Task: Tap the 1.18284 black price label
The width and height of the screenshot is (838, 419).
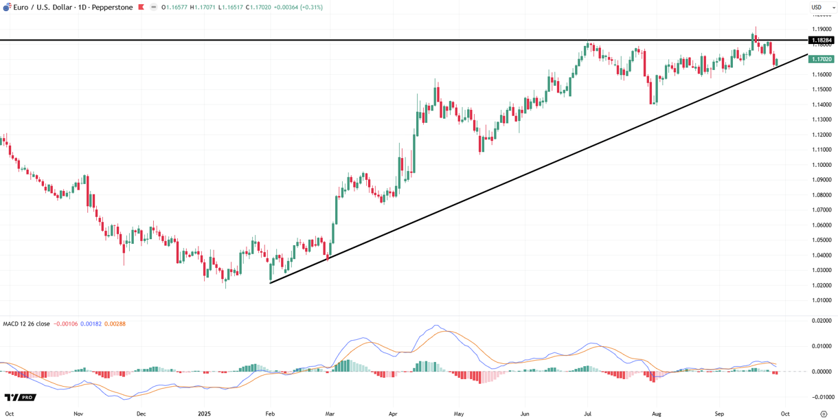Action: (822, 41)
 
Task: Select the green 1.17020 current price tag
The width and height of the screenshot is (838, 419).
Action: (822, 60)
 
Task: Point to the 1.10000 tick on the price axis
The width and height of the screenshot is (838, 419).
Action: (822, 165)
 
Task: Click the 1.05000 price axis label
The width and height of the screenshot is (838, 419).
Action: (822, 240)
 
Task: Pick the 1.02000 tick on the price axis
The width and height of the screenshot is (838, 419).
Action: (822, 285)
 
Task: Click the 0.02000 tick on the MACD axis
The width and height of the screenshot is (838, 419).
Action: (822, 321)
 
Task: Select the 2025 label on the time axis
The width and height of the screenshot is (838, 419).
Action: (204, 414)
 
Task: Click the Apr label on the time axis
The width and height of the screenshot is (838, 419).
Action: (393, 414)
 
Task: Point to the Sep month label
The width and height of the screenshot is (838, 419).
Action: (719, 414)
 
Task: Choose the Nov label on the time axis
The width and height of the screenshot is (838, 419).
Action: (78, 414)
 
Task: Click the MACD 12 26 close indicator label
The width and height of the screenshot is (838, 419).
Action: (26, 324)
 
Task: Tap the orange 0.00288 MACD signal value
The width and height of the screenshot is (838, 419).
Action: (115, 324)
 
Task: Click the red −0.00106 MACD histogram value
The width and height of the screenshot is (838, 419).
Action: (65, 324)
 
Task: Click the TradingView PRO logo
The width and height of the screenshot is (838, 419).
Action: (20, 398)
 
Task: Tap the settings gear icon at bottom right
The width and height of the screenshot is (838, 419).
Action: (824, 414)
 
